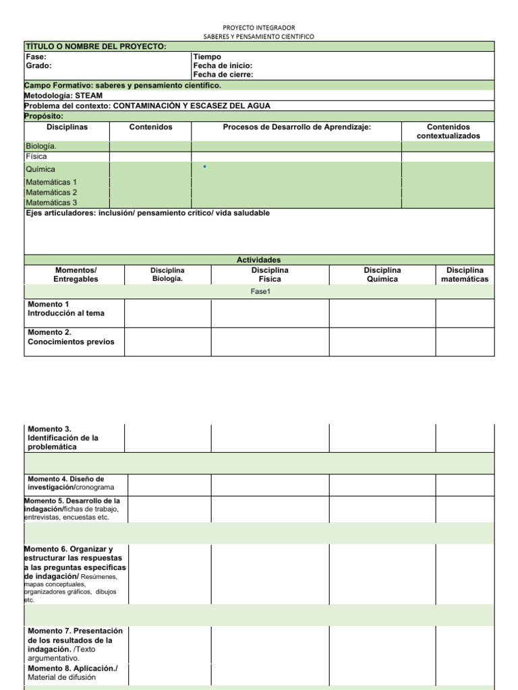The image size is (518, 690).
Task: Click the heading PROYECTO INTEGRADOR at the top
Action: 258,27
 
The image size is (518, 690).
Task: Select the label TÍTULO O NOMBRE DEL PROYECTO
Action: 95,46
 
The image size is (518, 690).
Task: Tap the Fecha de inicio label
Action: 223,66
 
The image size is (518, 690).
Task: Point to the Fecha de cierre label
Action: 223,75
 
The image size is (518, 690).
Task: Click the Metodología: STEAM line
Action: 63,96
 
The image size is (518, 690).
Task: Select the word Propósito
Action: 44,116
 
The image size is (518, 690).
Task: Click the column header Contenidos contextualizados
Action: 448,131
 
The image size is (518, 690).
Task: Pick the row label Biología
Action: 41,146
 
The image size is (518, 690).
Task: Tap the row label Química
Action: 40,169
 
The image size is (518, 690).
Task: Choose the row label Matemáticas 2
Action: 51,192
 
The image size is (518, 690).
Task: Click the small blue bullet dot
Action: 204,166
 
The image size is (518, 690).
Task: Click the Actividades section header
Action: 258,260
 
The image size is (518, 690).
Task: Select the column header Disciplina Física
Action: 270,274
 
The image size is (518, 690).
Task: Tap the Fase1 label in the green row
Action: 260,292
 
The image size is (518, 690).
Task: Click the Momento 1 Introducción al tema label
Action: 66,309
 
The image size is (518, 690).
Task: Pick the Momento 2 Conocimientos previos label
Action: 71,337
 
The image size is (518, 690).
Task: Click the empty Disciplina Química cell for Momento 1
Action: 382,313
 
